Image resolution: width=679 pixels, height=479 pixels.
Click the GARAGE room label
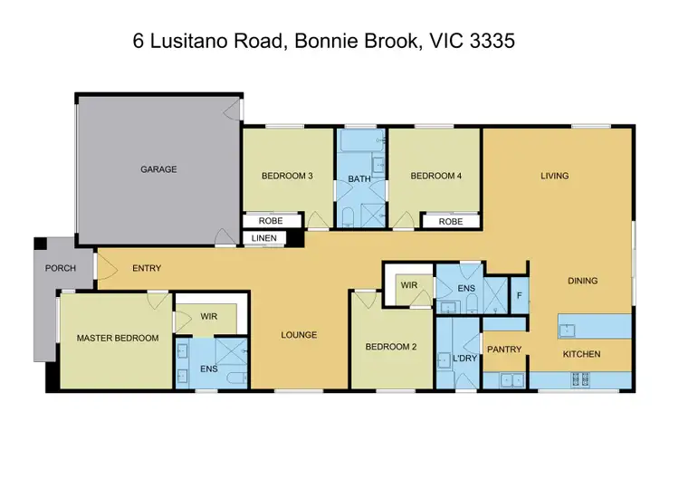[158, 169]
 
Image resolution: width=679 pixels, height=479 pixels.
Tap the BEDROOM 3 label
[287, 176]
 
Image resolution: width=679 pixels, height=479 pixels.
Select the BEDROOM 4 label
[436, 176]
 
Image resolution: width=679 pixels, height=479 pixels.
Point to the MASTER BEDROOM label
[118, 338]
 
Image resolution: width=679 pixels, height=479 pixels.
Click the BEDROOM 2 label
[390, 347]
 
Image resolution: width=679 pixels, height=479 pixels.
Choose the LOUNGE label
[299, 335]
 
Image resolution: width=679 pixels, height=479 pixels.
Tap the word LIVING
[555, 176]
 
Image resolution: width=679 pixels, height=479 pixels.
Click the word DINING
[582, 281]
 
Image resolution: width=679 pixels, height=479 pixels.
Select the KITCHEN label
[582, 353]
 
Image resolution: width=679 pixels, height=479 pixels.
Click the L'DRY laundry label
[464, 359]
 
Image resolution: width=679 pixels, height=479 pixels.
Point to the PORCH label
[61, 269]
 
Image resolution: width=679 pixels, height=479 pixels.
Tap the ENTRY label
[147, 269]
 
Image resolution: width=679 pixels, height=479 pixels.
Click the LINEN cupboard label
[264, 239]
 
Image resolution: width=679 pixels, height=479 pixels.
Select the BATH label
[359, 179]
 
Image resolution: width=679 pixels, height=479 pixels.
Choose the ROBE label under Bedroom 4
[450, 221]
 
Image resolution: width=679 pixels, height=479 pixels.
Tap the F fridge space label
[519, 294]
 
